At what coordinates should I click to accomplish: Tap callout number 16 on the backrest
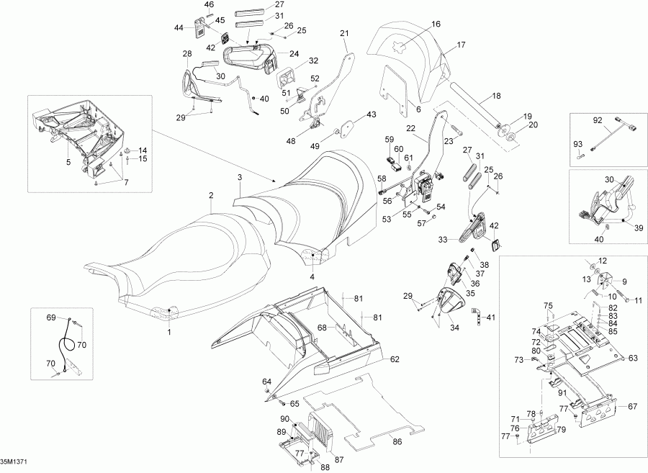(436, 24)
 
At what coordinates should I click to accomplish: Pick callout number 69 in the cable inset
(51, 317)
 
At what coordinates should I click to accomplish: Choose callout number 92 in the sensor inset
(597, 120)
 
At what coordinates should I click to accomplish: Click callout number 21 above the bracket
(343, 33)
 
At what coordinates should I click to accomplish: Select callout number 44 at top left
(179, 27)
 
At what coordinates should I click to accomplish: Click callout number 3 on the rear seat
(240, 176)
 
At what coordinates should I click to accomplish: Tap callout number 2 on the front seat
(211, 195)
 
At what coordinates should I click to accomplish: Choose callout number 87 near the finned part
(339, 459)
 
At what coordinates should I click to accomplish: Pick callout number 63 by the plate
(634, 357)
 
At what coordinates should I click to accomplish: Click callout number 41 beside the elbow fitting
(491, 317)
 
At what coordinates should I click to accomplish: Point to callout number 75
(549, 306)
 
